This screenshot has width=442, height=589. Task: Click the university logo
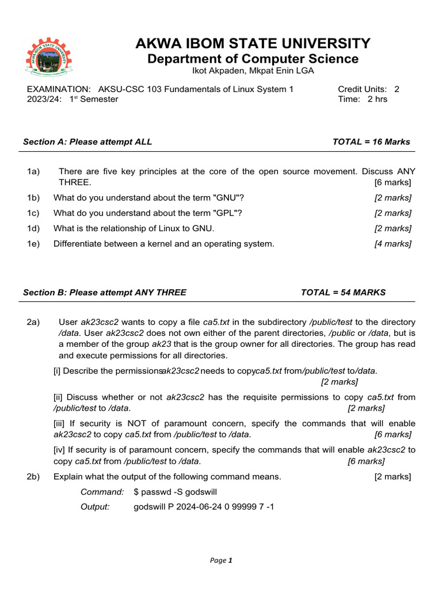49,58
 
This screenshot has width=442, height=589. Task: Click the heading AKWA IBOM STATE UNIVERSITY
253,44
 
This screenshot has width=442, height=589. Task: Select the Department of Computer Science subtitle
253,59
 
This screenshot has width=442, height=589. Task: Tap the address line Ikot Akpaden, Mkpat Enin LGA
253,71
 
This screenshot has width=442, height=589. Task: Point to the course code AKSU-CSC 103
125,89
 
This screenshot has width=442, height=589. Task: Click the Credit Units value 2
397,89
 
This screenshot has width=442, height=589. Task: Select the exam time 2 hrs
378,99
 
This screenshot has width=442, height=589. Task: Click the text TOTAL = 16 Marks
371,142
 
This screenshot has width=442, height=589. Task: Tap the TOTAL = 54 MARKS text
343,292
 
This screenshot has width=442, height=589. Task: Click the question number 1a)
33,171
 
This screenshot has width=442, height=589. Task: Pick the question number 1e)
33,243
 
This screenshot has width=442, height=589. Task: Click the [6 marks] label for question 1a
393,182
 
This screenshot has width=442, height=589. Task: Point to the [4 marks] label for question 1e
393,243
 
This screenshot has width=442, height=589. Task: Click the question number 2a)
33,322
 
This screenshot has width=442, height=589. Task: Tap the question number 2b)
33,476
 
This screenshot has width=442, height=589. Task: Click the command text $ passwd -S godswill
176,492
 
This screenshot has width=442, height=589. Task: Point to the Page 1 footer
221,561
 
